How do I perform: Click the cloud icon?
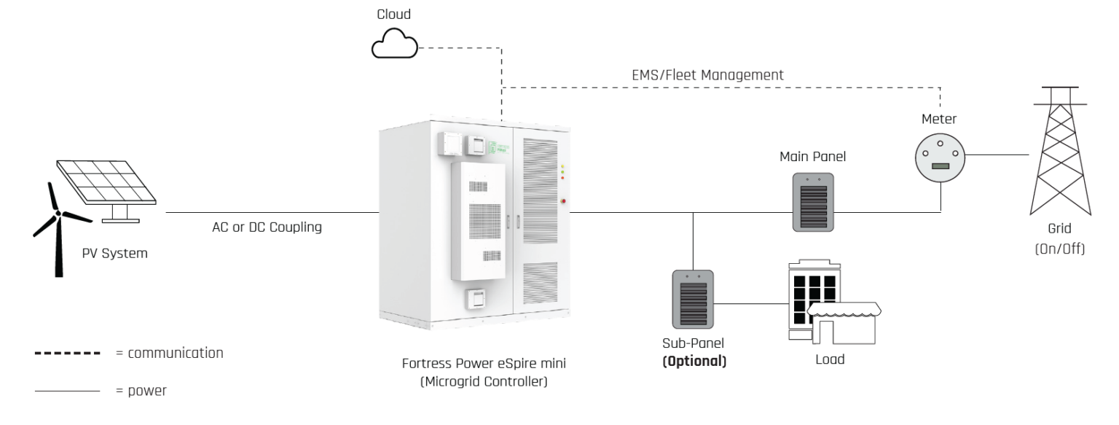click(395, 47)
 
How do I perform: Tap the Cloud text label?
click(393, 13)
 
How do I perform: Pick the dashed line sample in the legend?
click(67, 354)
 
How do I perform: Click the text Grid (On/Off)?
click(1060, 240)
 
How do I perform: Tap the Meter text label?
click(941, 117)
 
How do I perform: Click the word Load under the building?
click(829, 359)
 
